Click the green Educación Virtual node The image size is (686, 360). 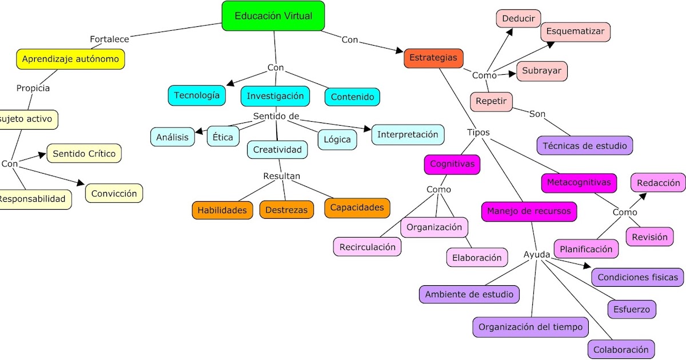pos(273,16)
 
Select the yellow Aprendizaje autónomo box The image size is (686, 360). pos(70,59)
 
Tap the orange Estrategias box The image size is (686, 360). pos(433,58)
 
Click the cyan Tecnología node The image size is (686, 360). pos(197,95)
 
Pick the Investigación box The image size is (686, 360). pos(275,96)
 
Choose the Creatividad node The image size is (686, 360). pos(277,150)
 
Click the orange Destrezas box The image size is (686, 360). pos(286,210)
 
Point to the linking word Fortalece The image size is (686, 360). pos(109,39)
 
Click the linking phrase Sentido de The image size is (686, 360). pos(276,117)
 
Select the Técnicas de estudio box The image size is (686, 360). pos(584,146)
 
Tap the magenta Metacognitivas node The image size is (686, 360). pos(579,183)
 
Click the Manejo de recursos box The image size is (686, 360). pos(528,211)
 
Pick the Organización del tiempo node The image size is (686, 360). pos(530,327)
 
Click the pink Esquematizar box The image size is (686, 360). pos(575,32)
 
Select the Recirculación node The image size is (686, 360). pos(367,247)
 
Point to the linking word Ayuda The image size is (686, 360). pos(536,254)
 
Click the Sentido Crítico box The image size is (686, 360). pos(84,153)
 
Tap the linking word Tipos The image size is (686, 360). pos(478,132)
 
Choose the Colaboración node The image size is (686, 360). pos(621,349)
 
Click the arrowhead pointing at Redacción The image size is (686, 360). pos(643,196)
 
